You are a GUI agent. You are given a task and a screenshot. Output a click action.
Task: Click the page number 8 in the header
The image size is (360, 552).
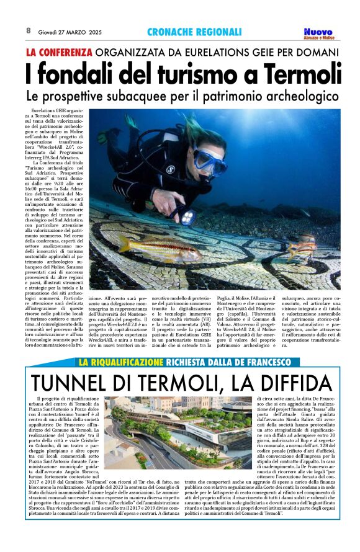(29, 30)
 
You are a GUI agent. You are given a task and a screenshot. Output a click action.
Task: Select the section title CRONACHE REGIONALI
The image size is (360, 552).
(194, 32)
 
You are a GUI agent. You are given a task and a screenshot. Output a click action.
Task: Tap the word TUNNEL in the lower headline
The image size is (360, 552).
(63, 382)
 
